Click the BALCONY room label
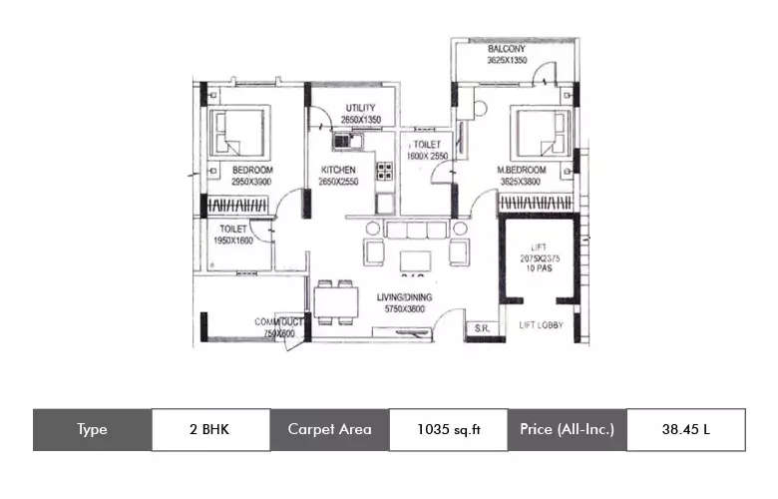pyautogui.click(x=507, y=50)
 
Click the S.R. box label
pyautogui.click(x=480, y=327)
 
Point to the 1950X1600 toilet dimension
pyautogui.click(x=233, y=241)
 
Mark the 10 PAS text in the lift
pyautogui.click(x=539, y=268)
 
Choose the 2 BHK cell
pyautogui.click(x=210, y=429)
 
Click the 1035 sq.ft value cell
pyautogui.click(x=448, y=429)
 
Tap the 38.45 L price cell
pyautogui.click(x=685, y=429)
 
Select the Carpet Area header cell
pyautogui.click(x=329, y=429)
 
